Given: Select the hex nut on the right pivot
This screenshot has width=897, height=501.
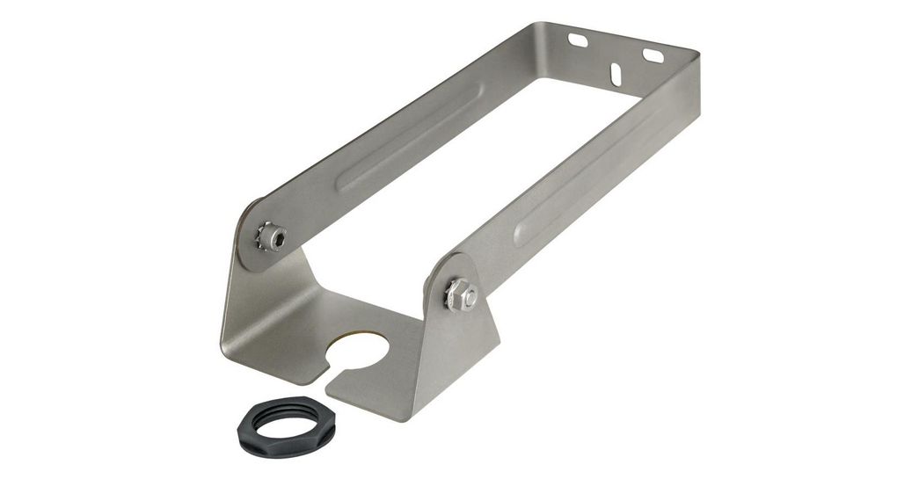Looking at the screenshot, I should point(460,292).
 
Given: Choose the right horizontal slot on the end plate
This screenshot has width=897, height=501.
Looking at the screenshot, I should point(653,55).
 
